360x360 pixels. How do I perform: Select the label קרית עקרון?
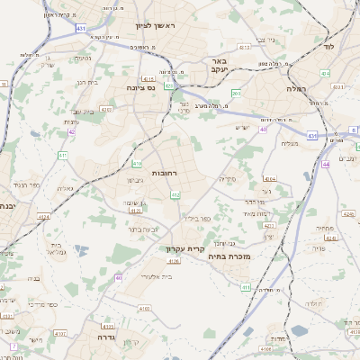[186, 249]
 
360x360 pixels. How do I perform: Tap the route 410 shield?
[137, 164]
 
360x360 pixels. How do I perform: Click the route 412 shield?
[175, 194]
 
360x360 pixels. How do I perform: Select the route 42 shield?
[71, 131]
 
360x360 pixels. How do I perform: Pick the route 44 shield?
[326, 165]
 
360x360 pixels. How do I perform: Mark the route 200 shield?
[236, 93]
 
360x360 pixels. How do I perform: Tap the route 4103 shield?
[109, 326]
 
